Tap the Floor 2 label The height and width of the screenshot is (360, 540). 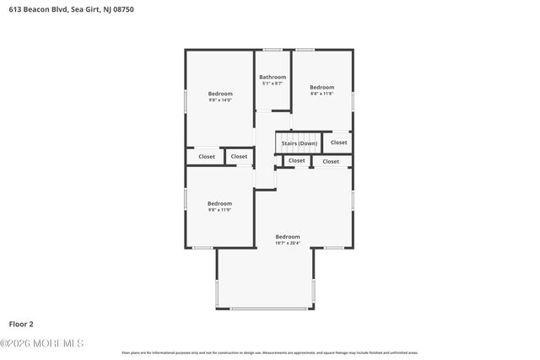point(21,323)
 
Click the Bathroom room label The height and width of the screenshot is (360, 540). point(273,78)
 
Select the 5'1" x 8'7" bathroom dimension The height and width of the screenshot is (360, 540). point(273,83)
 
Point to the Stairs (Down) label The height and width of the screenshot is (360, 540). point(300,143)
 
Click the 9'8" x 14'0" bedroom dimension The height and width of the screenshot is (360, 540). point(220,99)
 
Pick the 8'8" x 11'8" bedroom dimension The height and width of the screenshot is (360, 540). point(321,94)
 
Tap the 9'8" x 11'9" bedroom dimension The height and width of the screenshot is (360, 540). point(220,210)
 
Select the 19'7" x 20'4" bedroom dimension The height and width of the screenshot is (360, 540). point(288,243)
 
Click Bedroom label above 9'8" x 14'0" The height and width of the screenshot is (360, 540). point(220,94)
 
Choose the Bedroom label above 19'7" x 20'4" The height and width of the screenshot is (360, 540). point(288,237)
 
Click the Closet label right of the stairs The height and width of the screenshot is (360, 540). point(338,142)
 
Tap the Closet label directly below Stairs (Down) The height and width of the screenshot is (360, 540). point(297,160)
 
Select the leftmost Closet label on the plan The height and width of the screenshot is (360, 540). point(207,156)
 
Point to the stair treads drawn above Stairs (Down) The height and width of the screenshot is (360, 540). point(300,135)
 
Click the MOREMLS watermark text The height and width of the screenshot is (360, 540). point(42,343)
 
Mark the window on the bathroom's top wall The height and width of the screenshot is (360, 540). point(273,50)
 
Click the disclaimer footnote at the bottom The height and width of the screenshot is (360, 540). point(270,352)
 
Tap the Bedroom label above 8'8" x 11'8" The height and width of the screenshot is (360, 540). point(321,88)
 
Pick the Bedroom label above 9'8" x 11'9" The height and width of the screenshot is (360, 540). point(220,203)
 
